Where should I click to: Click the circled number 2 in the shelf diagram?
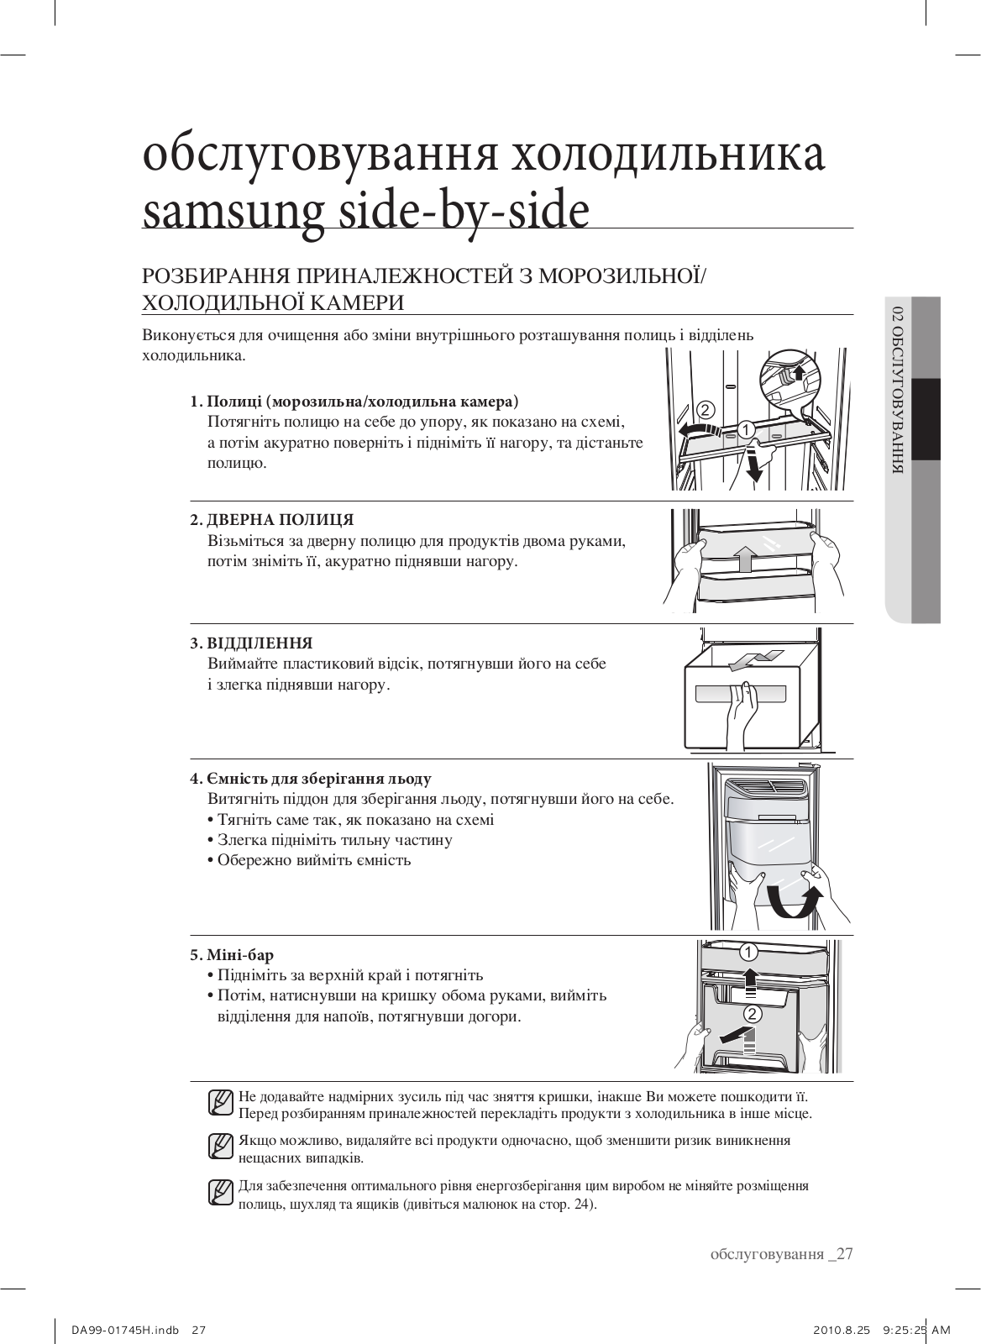pyautogui.click(x=705, y=411)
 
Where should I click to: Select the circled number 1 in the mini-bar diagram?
pyautogui.click(x=748, y=953)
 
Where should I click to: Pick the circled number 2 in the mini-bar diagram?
pyautogui.click(x=753, y=1014)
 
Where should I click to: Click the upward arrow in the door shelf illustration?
pyautogui.click(x=742, y=556)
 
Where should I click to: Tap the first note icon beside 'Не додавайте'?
pyautogui.click(x=220, y=1102)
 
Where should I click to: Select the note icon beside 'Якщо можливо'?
pyautogui.click(x=220, y=1147)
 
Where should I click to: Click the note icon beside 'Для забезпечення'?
pyautogui.click(x=220, y=1193)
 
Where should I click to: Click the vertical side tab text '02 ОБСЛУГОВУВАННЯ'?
pyautogui.click(x=898, y=390)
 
